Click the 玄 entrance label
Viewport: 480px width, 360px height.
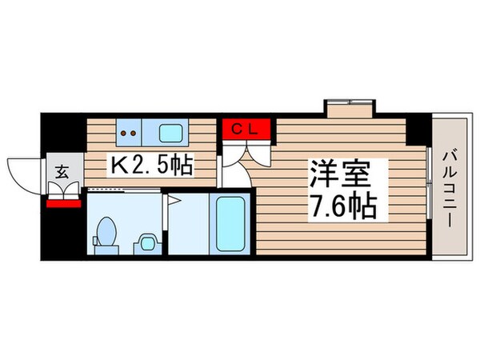[62, 170]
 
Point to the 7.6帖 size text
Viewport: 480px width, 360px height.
[344, 206]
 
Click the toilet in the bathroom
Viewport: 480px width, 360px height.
[104, 232]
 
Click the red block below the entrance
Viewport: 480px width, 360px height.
[63, 202]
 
